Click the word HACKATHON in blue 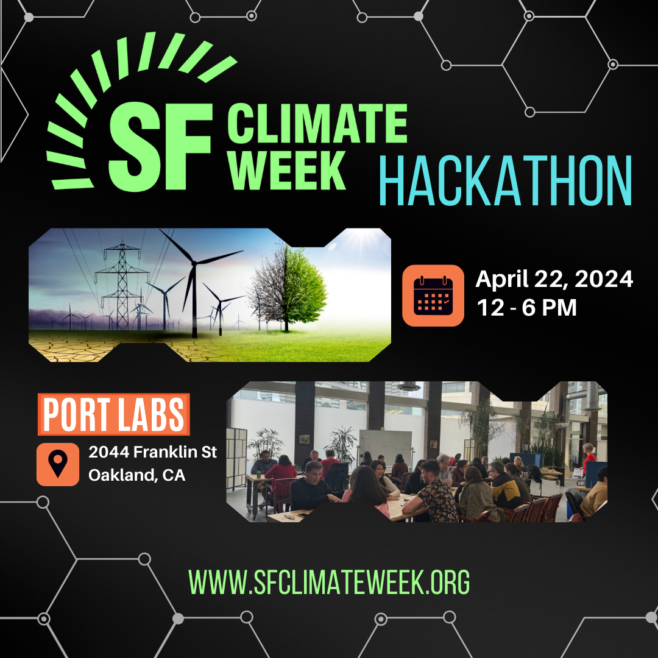[x=505, y=180]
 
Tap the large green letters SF [x=161, y=147]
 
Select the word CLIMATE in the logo [x=317, y=123]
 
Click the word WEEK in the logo [x=286, y=171]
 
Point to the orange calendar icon [x=433, y=295]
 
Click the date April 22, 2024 [x=554, y=279]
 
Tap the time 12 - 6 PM [x=526, y=308]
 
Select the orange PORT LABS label [x=114, y=414]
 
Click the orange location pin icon [x=58, y=464]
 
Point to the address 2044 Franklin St [x=153, y=452]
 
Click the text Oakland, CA [x=137, y=475]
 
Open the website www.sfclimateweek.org [x=329, y=582]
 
